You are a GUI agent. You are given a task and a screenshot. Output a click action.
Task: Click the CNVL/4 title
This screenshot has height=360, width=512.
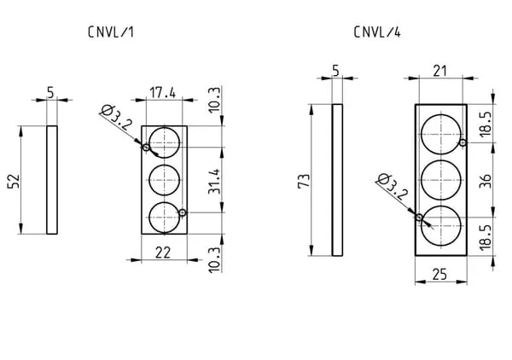376,32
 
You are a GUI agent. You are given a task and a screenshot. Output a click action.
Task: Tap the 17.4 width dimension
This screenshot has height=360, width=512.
162,91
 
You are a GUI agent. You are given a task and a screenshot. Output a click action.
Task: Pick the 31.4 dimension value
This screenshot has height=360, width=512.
213,182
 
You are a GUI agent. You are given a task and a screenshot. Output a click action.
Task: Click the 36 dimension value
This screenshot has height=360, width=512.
486,181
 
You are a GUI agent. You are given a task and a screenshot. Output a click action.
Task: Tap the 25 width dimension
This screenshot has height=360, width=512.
440,273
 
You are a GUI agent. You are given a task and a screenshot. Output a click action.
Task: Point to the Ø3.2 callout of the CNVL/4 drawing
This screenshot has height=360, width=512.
388,183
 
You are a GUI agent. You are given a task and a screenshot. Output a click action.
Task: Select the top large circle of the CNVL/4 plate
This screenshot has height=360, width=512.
440,132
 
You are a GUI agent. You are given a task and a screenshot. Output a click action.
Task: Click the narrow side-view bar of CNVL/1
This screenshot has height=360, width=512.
52,180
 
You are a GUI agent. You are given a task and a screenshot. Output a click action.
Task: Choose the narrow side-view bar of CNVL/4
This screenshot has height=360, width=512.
337,180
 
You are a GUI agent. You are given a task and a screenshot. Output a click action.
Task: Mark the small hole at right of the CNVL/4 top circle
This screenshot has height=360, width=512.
462,142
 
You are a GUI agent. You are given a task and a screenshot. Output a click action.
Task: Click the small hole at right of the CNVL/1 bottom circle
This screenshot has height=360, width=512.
183,212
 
